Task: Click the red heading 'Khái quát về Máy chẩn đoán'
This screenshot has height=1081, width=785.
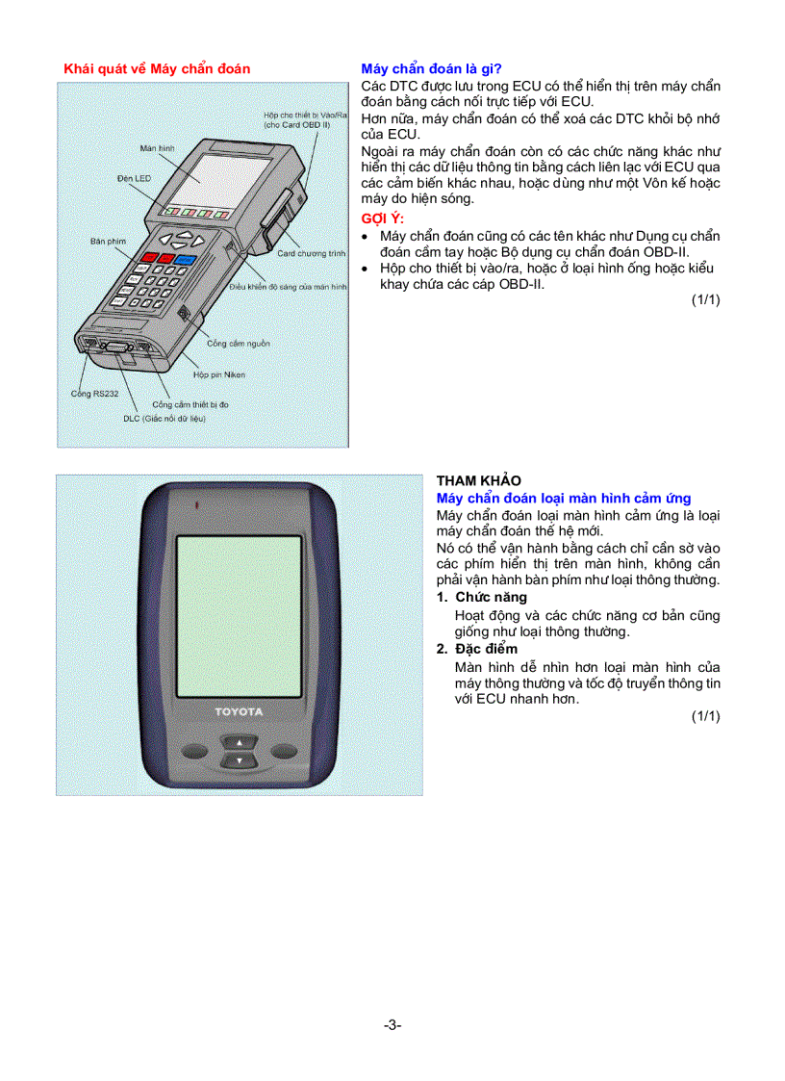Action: [x=157, y=68]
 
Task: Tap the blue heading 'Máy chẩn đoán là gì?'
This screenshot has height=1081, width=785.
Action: [x=432, y=68]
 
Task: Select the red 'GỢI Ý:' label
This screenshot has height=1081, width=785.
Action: [x=383, y=219]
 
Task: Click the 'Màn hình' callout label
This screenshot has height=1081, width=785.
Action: [x=157, y=149]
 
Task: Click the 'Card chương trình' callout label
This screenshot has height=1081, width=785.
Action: [x=311, y=253]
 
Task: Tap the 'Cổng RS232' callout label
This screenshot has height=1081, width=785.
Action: [x=95, y=393]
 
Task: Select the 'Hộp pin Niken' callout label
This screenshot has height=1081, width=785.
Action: [x=219, y=374]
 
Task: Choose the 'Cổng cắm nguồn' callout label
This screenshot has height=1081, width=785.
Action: [x=239, y=343]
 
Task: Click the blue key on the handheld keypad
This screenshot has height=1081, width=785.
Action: [x=185, y=259]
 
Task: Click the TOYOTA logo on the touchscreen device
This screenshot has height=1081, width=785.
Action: [x=238, y=711]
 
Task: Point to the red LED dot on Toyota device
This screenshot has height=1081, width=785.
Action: [x=195, y=504]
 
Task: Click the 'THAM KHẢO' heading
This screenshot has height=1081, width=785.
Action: [x=478, y=480]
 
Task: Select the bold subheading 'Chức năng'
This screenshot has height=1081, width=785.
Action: [x=491, y=597]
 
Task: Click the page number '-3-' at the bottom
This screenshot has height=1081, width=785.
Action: [x=392, y=1025]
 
